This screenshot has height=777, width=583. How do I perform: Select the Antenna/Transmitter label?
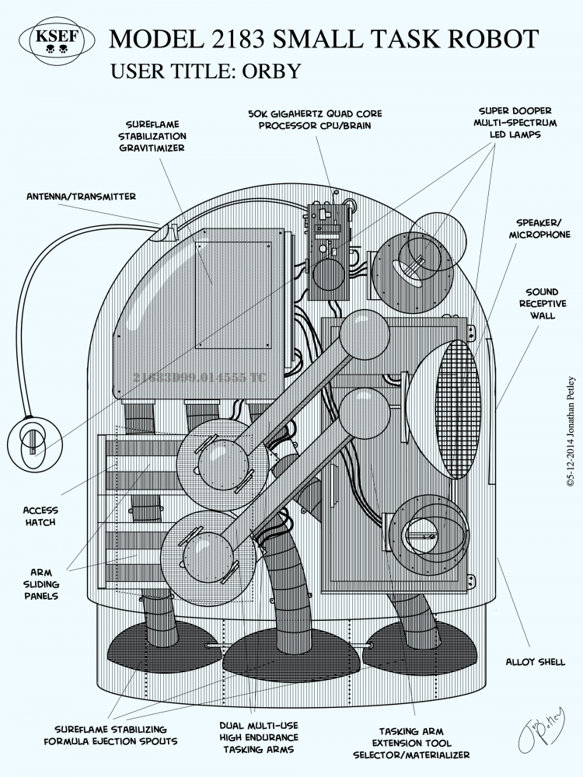(80, 197)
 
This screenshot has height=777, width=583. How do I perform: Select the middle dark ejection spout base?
(291, 655)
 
